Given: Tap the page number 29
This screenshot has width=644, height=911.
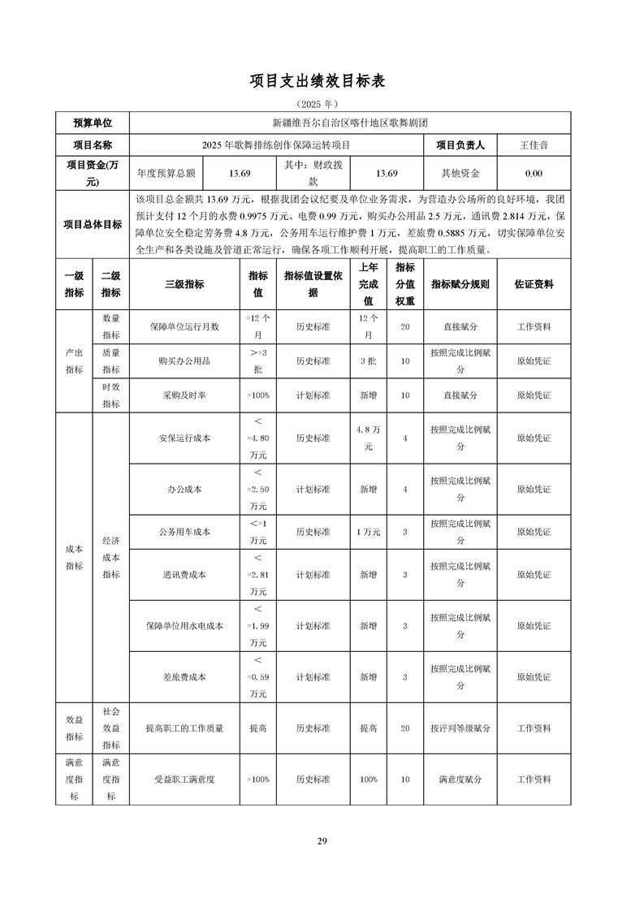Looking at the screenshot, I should (322, 840).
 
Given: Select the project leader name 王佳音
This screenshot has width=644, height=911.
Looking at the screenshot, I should (534, 145).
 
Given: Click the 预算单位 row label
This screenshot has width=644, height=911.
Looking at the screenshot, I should (93, 123).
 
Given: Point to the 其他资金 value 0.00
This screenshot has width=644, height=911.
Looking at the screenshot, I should (534, 173).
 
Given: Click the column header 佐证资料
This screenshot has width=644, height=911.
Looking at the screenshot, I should (534, 284).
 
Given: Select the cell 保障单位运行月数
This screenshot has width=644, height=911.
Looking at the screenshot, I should (184, 326).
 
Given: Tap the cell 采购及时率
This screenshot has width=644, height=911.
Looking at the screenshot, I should (184, 395).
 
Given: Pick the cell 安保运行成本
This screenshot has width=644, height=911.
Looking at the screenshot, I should (184, 438).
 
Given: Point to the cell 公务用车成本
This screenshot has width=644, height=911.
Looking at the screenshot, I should (184, 532).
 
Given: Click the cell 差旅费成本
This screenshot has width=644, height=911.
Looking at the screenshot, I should (184, 676).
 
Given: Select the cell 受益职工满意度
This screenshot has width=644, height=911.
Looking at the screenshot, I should (184, 779).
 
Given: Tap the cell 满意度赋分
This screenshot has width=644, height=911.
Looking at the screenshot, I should (460, 779).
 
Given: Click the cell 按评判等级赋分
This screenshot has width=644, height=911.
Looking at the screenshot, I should (460, 728).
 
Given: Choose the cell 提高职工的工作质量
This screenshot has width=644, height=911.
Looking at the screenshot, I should (184, 728).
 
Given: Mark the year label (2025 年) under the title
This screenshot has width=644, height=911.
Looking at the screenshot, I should (322, 104).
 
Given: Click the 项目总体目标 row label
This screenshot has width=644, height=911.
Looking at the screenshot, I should (93, 225).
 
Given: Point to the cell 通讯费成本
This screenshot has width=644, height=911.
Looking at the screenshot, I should (184, 574).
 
